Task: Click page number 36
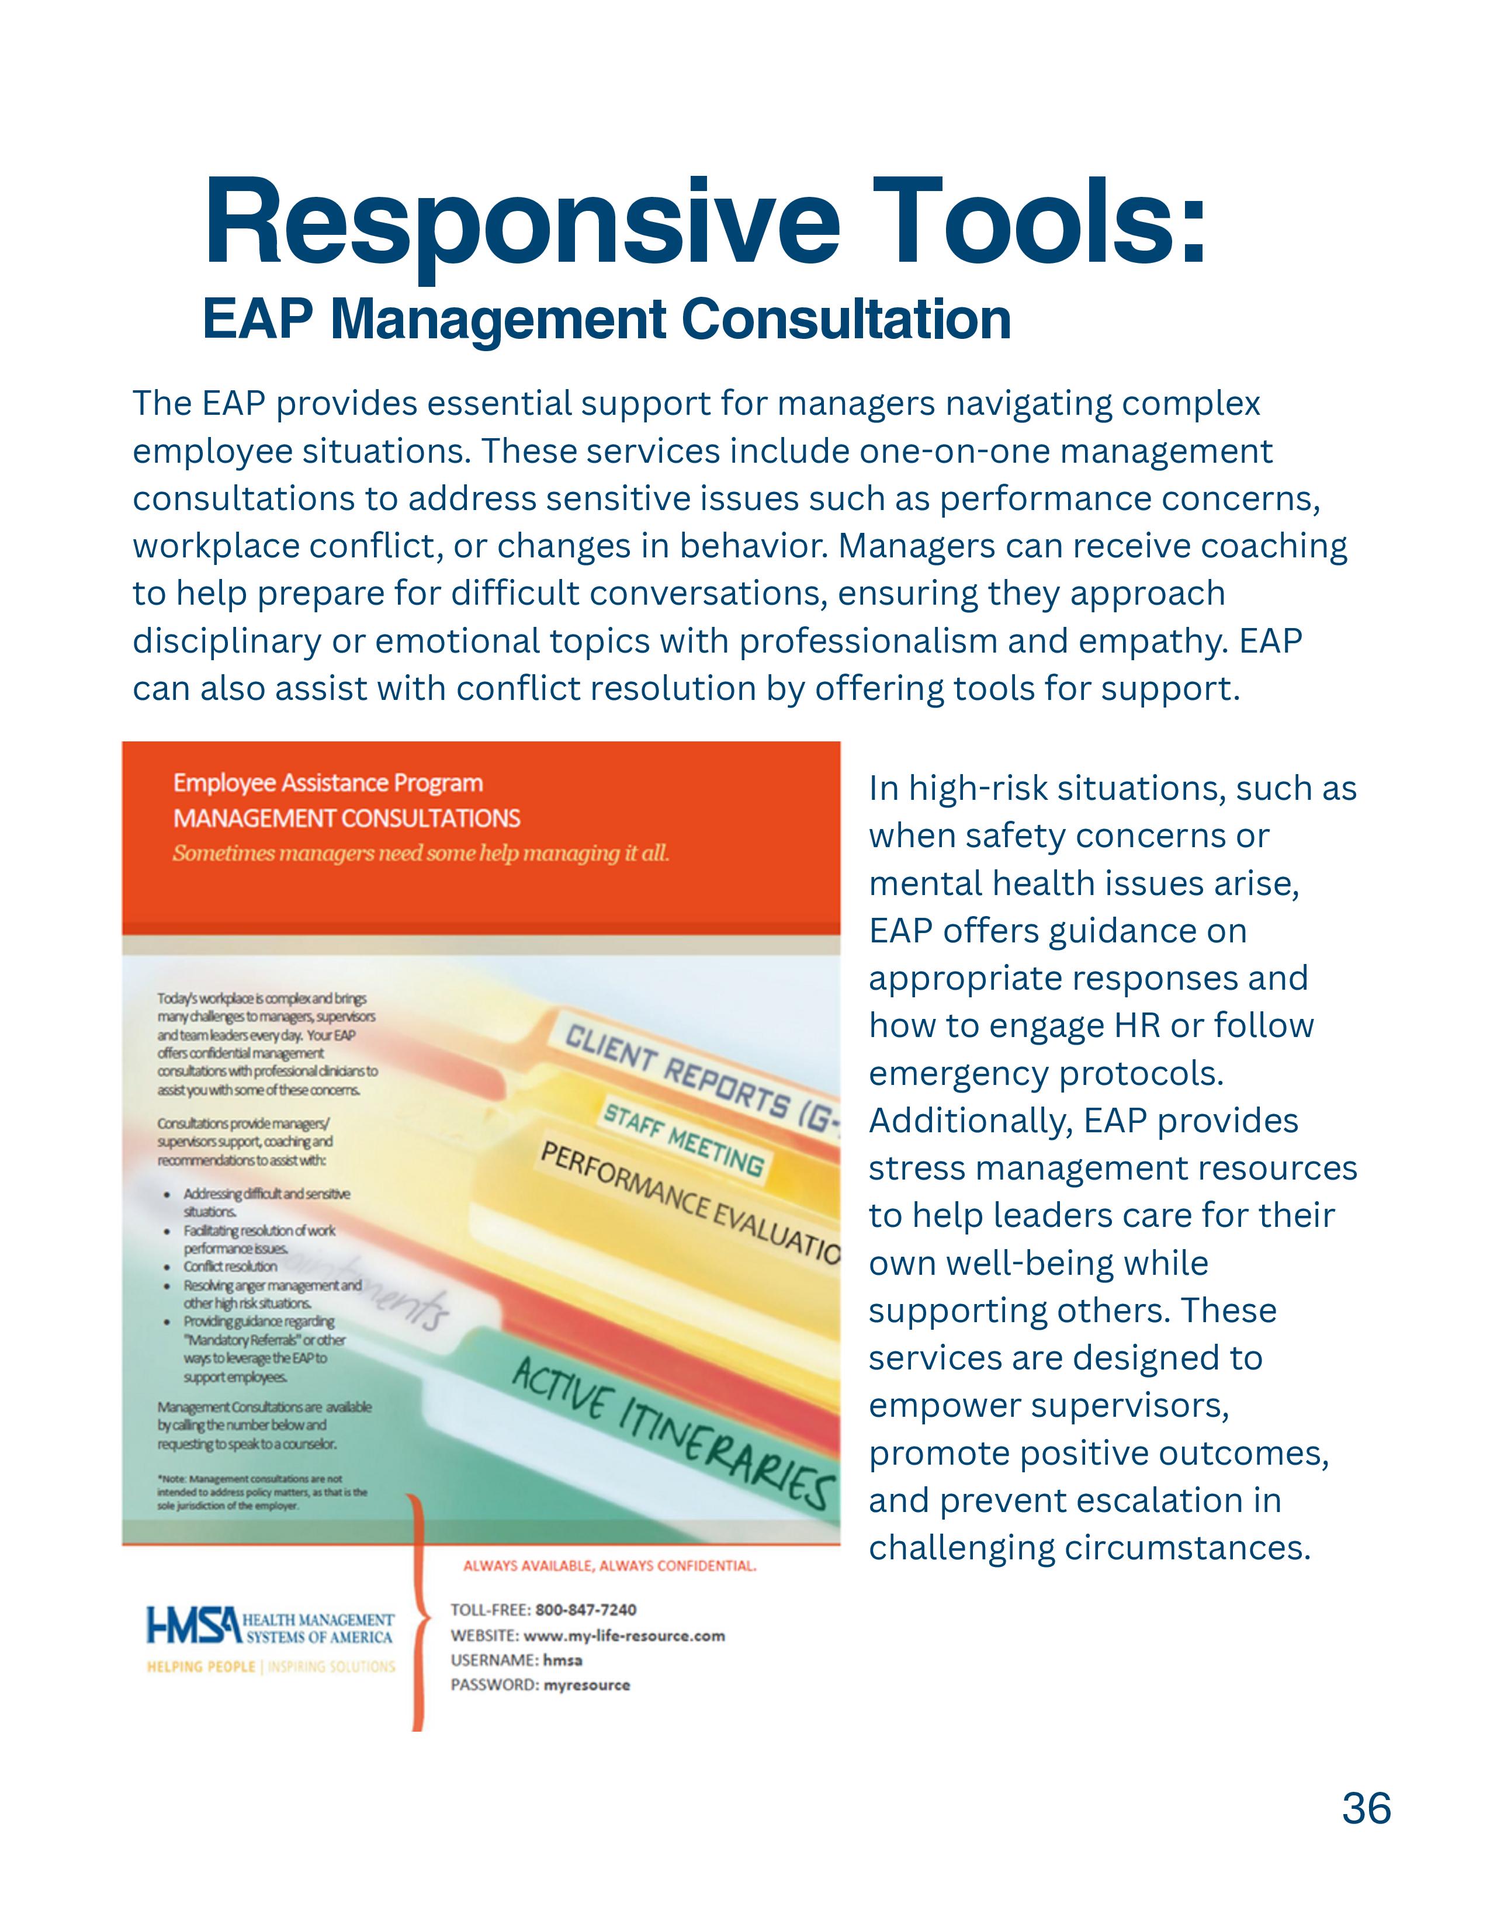[x=1366, y=1809]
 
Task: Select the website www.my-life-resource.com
[x=624, y=1635]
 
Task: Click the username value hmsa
[x=562, y=1660]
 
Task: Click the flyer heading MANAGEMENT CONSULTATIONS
[x=347, y=819]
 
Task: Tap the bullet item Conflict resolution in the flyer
[x=230, y=1266]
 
